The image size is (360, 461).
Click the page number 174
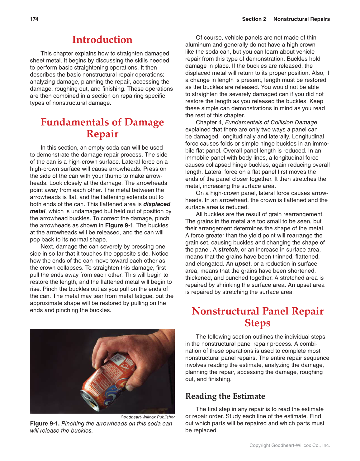pos(34,19)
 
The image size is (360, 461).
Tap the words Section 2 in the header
pos(254,19)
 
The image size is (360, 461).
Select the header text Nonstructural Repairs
pos(301,19)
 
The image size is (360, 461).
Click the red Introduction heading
pos(102,40)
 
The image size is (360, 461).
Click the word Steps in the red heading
pos(257,323)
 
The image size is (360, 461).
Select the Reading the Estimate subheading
pos(225,396)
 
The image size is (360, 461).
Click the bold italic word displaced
pos(157,204)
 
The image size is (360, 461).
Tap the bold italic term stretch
pos(228,250)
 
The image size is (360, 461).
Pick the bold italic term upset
pos(242,264)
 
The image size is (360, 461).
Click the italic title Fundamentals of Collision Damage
pos(271,122)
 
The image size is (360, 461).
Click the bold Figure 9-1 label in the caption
pos(45,424)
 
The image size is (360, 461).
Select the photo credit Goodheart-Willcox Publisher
pos(147,417)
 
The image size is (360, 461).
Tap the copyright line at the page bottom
pos(289,445)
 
